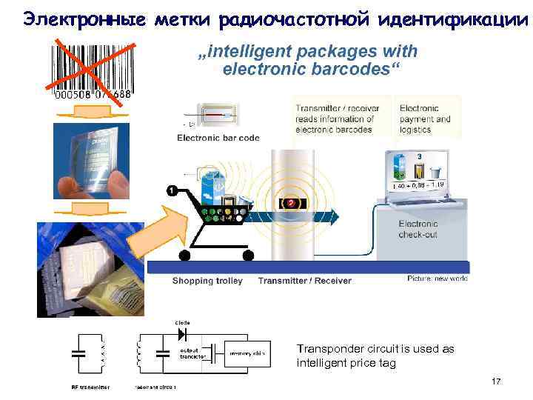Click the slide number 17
click(496, 381)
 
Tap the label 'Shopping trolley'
click(207, 281)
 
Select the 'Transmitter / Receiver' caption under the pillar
click(304, 281)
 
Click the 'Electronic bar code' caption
click(207, 137)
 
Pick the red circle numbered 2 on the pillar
click(292, 201)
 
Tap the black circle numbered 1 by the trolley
click(172, 191)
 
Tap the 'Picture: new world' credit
click(437, 279)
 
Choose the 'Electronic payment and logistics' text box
click(425, 119)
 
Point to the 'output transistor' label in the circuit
click(192, 353)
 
